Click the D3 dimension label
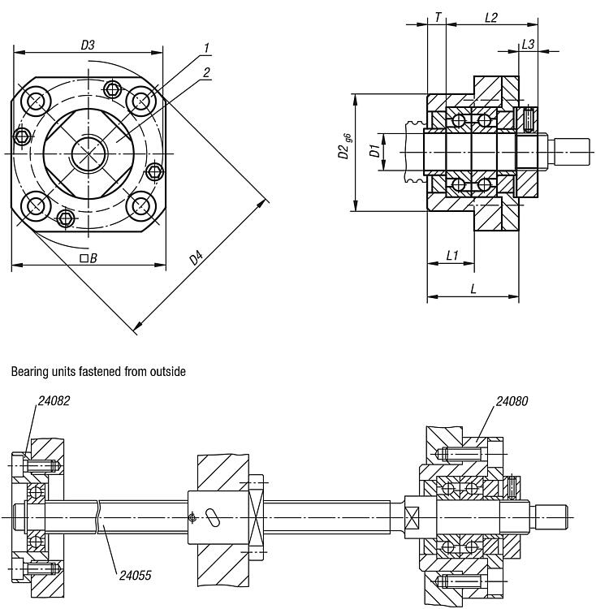88,46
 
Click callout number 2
207,72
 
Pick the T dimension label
438,17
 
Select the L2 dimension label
490,17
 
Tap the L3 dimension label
528,45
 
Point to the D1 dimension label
373,151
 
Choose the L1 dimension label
453,256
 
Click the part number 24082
54,400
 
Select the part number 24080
512,400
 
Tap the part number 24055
135,575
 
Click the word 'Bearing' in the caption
30,372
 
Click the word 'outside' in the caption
167,372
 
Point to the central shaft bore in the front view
88,153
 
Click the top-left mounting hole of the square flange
36,101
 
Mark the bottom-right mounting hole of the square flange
142,205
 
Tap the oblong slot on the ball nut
213,518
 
